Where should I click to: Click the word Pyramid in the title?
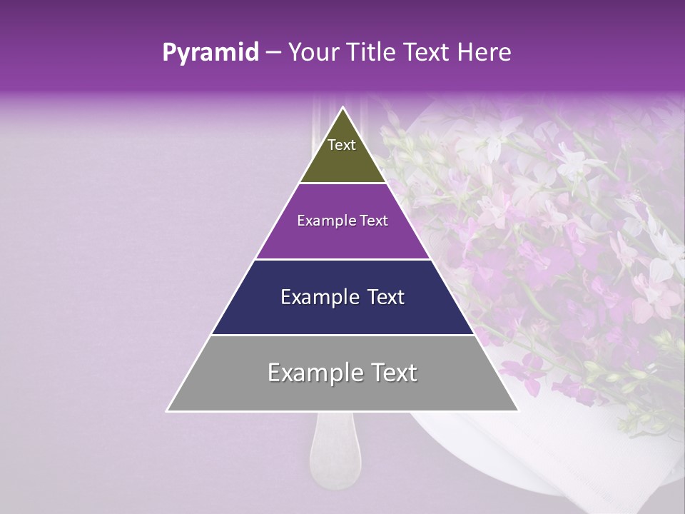click(210, 53)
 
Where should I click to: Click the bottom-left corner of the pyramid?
click(168, 410)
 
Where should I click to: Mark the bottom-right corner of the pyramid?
click(518, 410)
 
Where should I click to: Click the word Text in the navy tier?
click(383, 297)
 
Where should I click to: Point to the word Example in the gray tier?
click(313, 373)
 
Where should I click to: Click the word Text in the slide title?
click(425, 53)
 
